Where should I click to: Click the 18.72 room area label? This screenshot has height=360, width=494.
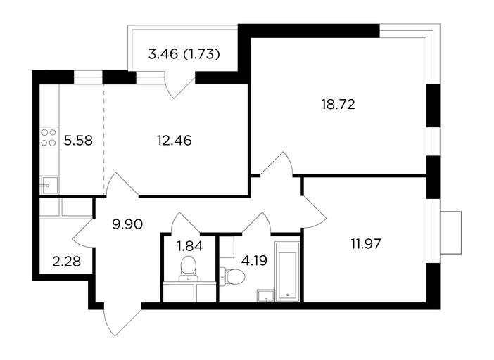(x=338, y=105)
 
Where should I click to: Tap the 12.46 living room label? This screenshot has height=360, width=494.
(x=175, y=141)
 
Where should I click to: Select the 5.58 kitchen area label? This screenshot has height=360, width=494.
(x=78, y=141)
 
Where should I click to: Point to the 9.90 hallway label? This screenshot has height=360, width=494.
(x=127, y=224)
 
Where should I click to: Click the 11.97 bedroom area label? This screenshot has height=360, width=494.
(x=366, y=243)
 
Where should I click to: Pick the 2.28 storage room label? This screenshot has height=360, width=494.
(x=66, y=262)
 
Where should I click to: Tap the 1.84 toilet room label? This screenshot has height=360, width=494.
(x=190, y=246)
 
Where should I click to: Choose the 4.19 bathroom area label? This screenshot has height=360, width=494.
(x=254, y=261)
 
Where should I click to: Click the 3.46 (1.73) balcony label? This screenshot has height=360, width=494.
(x=184, y=54)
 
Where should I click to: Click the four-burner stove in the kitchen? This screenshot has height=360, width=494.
(x=49, y=138)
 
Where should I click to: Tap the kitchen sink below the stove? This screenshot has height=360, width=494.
(x=49, y=186)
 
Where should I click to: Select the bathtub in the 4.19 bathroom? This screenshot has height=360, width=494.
(x=287, y=271)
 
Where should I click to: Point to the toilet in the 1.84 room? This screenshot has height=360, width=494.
(x=189, y=269)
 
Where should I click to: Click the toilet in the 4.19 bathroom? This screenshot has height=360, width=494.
(x=232, y=277)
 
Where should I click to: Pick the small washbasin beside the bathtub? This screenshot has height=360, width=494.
(x=266, y=295)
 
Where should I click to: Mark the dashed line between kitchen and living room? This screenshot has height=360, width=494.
(x=104, y=139)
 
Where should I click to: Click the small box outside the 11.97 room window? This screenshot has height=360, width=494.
(x=451, y=233)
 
